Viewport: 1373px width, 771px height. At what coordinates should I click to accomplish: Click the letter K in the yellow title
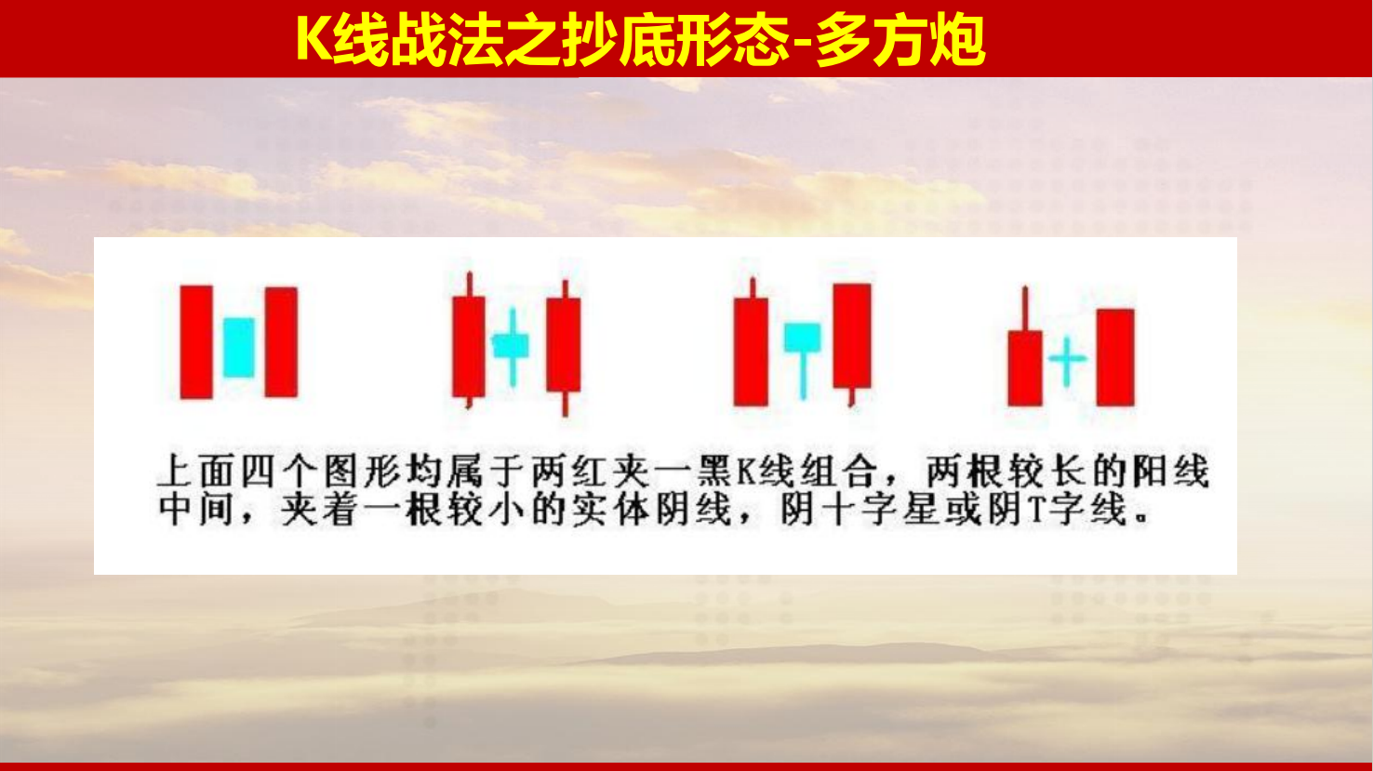(313, 39)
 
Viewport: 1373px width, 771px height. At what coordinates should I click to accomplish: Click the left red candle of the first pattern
(197, 342)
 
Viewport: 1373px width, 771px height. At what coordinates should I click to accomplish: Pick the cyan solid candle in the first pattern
(238, 348)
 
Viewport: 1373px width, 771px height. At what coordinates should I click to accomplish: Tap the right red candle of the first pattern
(281, 342)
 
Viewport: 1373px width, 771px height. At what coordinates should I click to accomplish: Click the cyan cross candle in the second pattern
(512, 347)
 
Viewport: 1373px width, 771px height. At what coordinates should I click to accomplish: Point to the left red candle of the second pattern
(469, 340)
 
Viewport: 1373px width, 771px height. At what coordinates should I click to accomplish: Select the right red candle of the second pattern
(564, 348)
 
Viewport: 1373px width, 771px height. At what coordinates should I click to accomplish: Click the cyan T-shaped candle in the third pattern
(803, 360)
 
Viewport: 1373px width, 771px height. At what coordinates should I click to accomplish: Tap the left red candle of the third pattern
(751, 343)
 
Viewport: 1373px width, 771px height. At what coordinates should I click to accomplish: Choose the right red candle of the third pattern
(852, 343)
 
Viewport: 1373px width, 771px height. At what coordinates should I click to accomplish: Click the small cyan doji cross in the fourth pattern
(1067, 360)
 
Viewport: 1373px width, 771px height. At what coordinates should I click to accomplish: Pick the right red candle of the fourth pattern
(1115, 357)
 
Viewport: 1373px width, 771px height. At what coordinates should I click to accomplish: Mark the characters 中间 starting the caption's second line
(196, 510)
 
